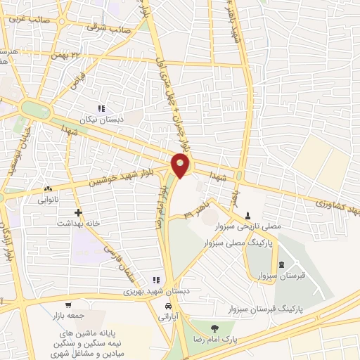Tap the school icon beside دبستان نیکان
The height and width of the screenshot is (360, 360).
[102, 108]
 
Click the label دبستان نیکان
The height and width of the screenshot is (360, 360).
[102, 120]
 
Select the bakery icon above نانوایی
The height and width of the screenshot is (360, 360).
[49, 188]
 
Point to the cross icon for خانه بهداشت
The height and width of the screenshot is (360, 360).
[77, 212]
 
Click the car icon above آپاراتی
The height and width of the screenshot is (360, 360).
[168, 307]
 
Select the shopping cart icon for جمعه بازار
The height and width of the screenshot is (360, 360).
[67, 305]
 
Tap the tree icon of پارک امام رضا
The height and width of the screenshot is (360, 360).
[214, 328]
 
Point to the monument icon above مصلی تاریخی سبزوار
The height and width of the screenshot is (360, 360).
[247, 215]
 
